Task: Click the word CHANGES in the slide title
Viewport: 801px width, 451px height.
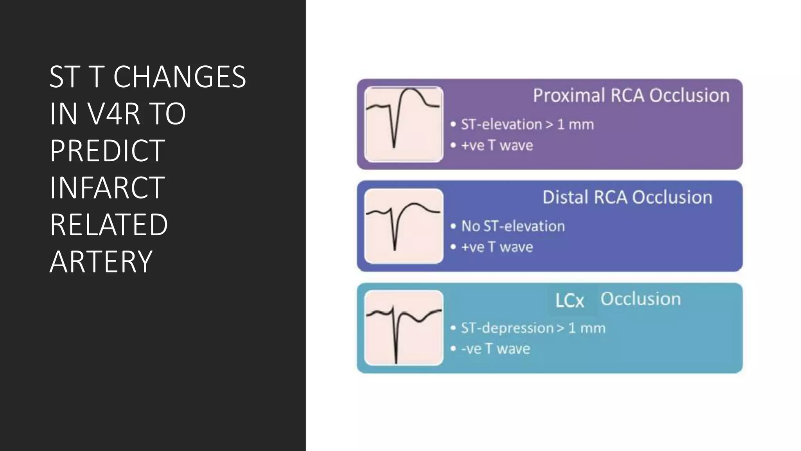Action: click(x=180, y=77)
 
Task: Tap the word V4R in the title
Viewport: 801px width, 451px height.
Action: click(x=114, y=114)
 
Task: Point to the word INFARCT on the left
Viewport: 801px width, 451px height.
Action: click(x=107, y=188)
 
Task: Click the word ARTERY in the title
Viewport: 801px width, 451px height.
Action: click(x=101, y=262)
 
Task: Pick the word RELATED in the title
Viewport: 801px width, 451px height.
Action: click(x=109, y=225)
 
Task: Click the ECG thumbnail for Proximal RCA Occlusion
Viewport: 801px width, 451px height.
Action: click(x=404, y=124)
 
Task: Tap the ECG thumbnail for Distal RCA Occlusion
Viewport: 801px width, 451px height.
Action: click(x=404, y=226)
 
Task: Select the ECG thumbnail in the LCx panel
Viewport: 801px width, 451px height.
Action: click(x=404, y=328)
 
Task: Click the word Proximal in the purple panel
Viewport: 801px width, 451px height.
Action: click(x=569, y=96)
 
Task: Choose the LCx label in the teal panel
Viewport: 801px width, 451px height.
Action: click(x=569, y=301)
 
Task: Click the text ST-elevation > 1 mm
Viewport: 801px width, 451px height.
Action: click(x=527, y=124)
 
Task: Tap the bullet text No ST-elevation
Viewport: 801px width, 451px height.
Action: click(x=513, y=226)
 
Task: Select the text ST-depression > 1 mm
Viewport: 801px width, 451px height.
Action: click(x=533, y=328)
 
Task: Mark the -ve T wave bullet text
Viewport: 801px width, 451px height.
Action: click(x=496, y=349)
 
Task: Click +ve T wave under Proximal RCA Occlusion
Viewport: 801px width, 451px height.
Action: click(x=497, y=146)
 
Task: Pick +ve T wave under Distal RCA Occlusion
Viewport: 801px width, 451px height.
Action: click(x=497, y=247)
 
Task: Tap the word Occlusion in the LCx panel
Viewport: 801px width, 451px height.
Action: click(x=641, y=299)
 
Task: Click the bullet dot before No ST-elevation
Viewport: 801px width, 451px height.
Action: click(x=453, y=226)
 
